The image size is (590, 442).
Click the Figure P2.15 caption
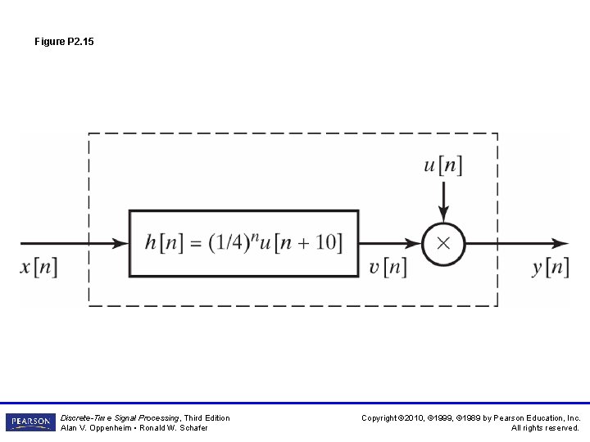64,41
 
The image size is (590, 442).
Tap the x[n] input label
39,268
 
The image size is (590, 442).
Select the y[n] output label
550,268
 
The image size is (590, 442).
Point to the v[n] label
387,268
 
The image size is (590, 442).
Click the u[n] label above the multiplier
442,165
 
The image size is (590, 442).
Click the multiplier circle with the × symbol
443,244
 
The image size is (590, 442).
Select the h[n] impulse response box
243,244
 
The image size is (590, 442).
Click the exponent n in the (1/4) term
254,237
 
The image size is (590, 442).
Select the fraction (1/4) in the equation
229,244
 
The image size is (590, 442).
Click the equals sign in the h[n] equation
194,244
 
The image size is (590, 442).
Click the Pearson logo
30,422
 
